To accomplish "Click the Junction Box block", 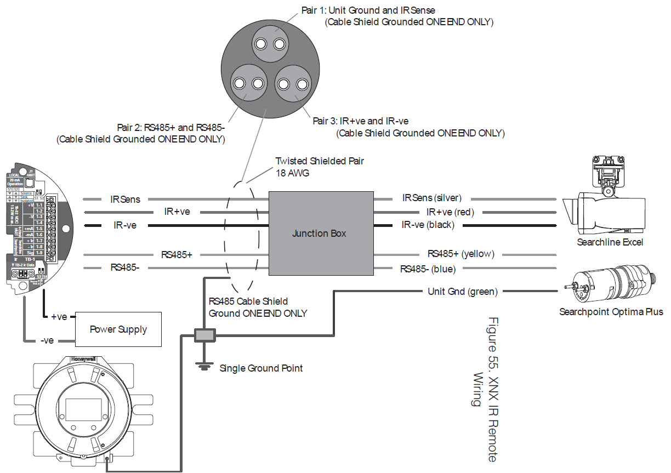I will [x=320, y=233].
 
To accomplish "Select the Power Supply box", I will [x=118, y=329].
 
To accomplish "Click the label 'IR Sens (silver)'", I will [x=432, y=198].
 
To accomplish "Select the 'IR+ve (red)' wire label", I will [x=450, y=212].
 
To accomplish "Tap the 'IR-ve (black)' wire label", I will [x=428, y=225].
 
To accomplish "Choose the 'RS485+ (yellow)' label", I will [x=460, y=254].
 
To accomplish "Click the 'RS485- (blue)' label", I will [x=428, y=269].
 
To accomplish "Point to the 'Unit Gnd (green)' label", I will [x=462, y=292].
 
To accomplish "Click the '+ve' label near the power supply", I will [x=60, y=317].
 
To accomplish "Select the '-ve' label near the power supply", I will [x=47, y=340].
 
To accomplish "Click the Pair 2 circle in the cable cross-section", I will [x=249, y=83].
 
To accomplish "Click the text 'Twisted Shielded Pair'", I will [x=319, y=161].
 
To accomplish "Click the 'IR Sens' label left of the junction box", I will [x=125, y=199].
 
